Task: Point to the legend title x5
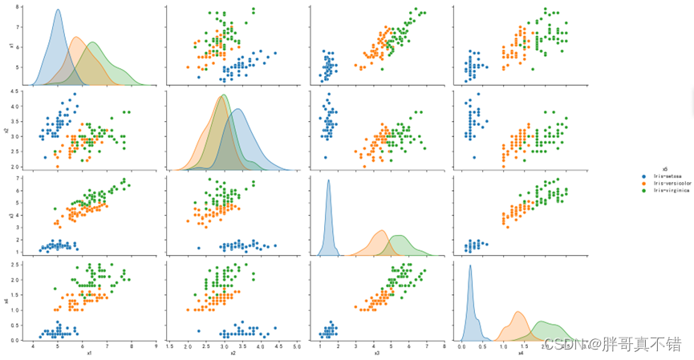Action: coord(655,168)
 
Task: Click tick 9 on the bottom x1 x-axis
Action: coord(156,346)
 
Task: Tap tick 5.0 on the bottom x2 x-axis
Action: coord(297,346)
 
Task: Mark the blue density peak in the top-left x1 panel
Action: coord(58,11)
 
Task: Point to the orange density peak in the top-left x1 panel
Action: coord(76,38)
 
